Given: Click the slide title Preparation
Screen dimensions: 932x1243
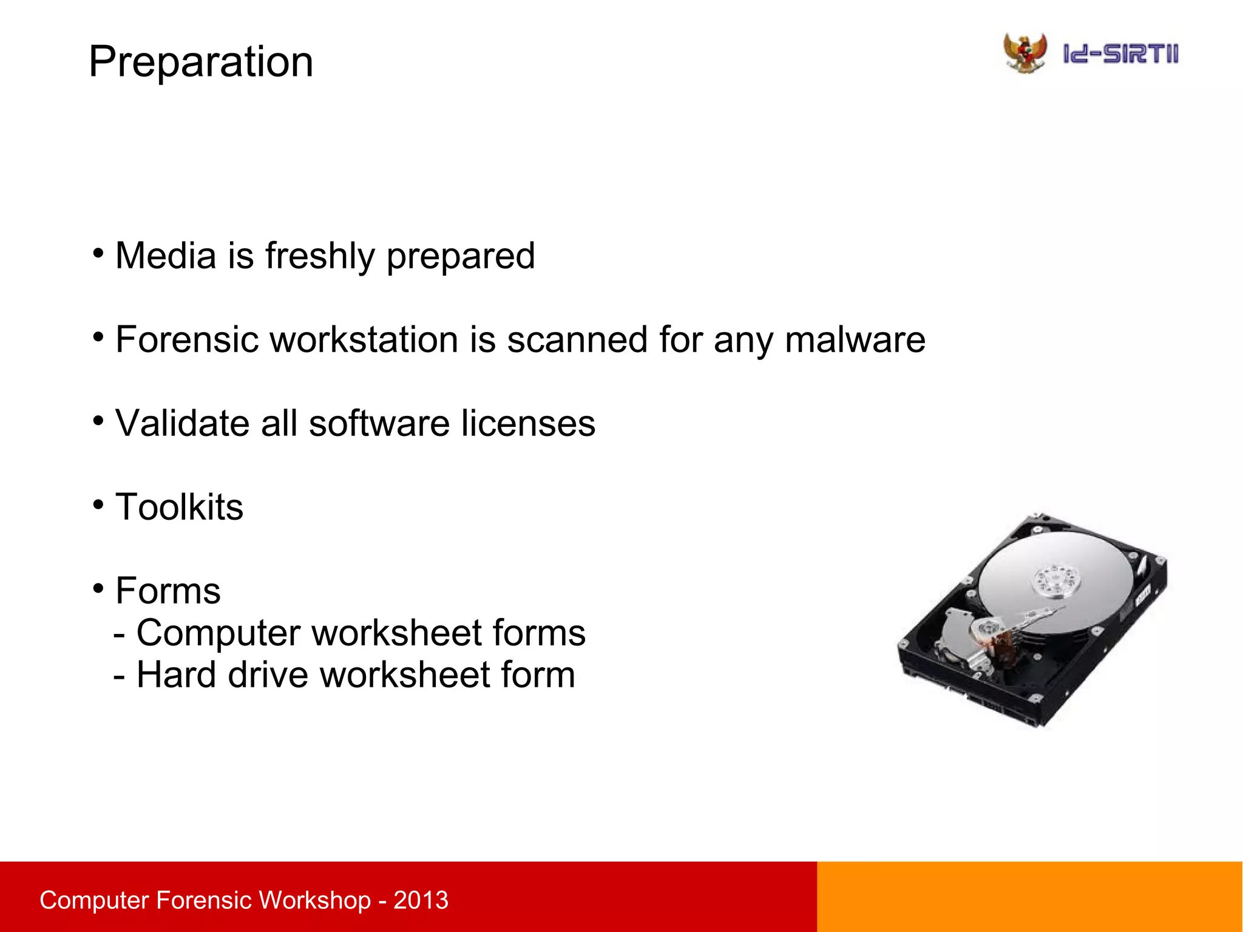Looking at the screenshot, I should pos(200,62).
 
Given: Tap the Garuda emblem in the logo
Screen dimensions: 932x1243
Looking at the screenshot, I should pos(1025,53).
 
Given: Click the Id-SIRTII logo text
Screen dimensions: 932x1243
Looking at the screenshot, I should pos(1120,54).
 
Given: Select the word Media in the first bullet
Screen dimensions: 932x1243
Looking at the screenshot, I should pos(166,256).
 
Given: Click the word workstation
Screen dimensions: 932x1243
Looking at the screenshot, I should pos(364,339).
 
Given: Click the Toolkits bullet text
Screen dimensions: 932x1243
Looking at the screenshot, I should pos(179,507).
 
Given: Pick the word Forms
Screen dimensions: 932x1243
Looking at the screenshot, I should pos(168,591).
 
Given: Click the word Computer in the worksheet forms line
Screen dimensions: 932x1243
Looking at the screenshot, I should pos(218,633).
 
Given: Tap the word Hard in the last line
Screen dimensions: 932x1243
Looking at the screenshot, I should pos(177,675).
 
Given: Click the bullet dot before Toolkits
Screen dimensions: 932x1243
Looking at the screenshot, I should pos(99,504).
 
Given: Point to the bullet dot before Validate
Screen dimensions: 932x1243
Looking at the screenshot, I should pos(99,420).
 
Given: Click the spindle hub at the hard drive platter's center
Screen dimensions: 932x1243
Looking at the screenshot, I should pos(1057,578).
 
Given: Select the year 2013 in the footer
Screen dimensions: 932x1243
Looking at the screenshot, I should pos(421,900).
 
